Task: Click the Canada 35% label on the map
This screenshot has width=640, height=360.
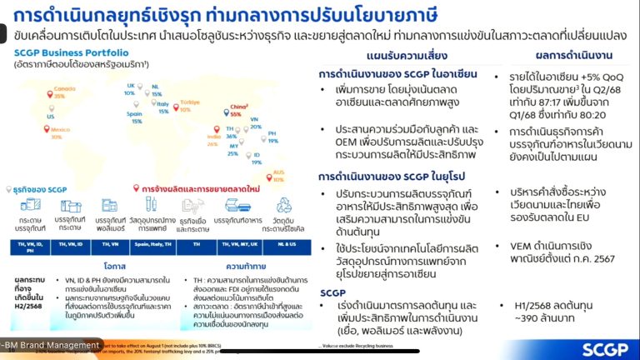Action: [x=58, y=92]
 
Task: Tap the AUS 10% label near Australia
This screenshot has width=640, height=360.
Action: [x=277, y=176]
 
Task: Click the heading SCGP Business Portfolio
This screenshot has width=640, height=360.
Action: [x=64, y=52]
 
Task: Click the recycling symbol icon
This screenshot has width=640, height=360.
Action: [x=282, y=205]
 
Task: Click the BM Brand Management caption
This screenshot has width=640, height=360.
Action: [x=50, y=344]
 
